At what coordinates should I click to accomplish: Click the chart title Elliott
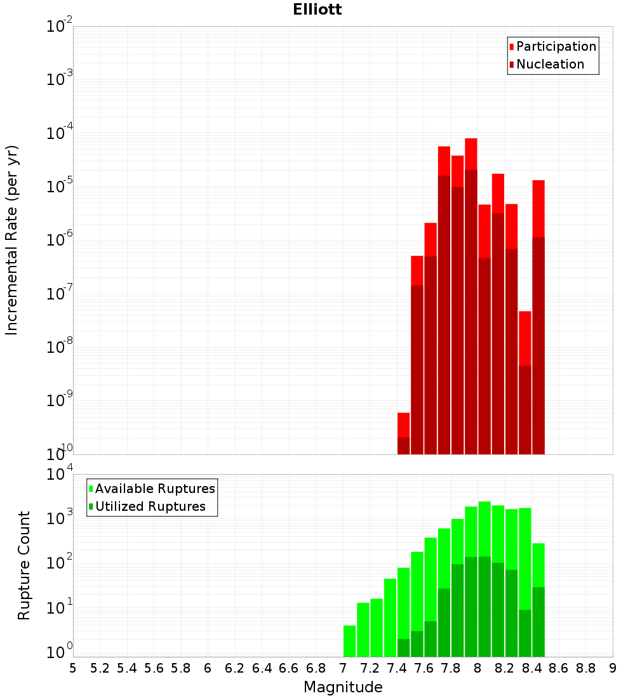coord(317,10)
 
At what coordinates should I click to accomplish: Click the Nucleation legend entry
coord(550,64)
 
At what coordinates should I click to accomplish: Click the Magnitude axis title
coord(343,687)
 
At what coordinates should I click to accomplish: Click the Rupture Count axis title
coord(24,565)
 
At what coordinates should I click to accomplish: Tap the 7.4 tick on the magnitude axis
coord(397,668)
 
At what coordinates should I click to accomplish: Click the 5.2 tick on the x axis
coord(100,668)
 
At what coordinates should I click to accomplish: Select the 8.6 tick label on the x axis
coord(559,668)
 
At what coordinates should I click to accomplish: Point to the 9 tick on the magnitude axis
coord(613,668)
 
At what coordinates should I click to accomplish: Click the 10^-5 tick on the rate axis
coord(60,186)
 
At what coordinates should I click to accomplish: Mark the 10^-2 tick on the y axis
coord(60,26)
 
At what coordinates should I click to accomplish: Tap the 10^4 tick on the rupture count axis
coord(60,474)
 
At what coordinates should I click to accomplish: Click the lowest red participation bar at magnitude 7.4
coord(403,425)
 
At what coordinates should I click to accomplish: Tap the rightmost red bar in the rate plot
coord(538,209)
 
